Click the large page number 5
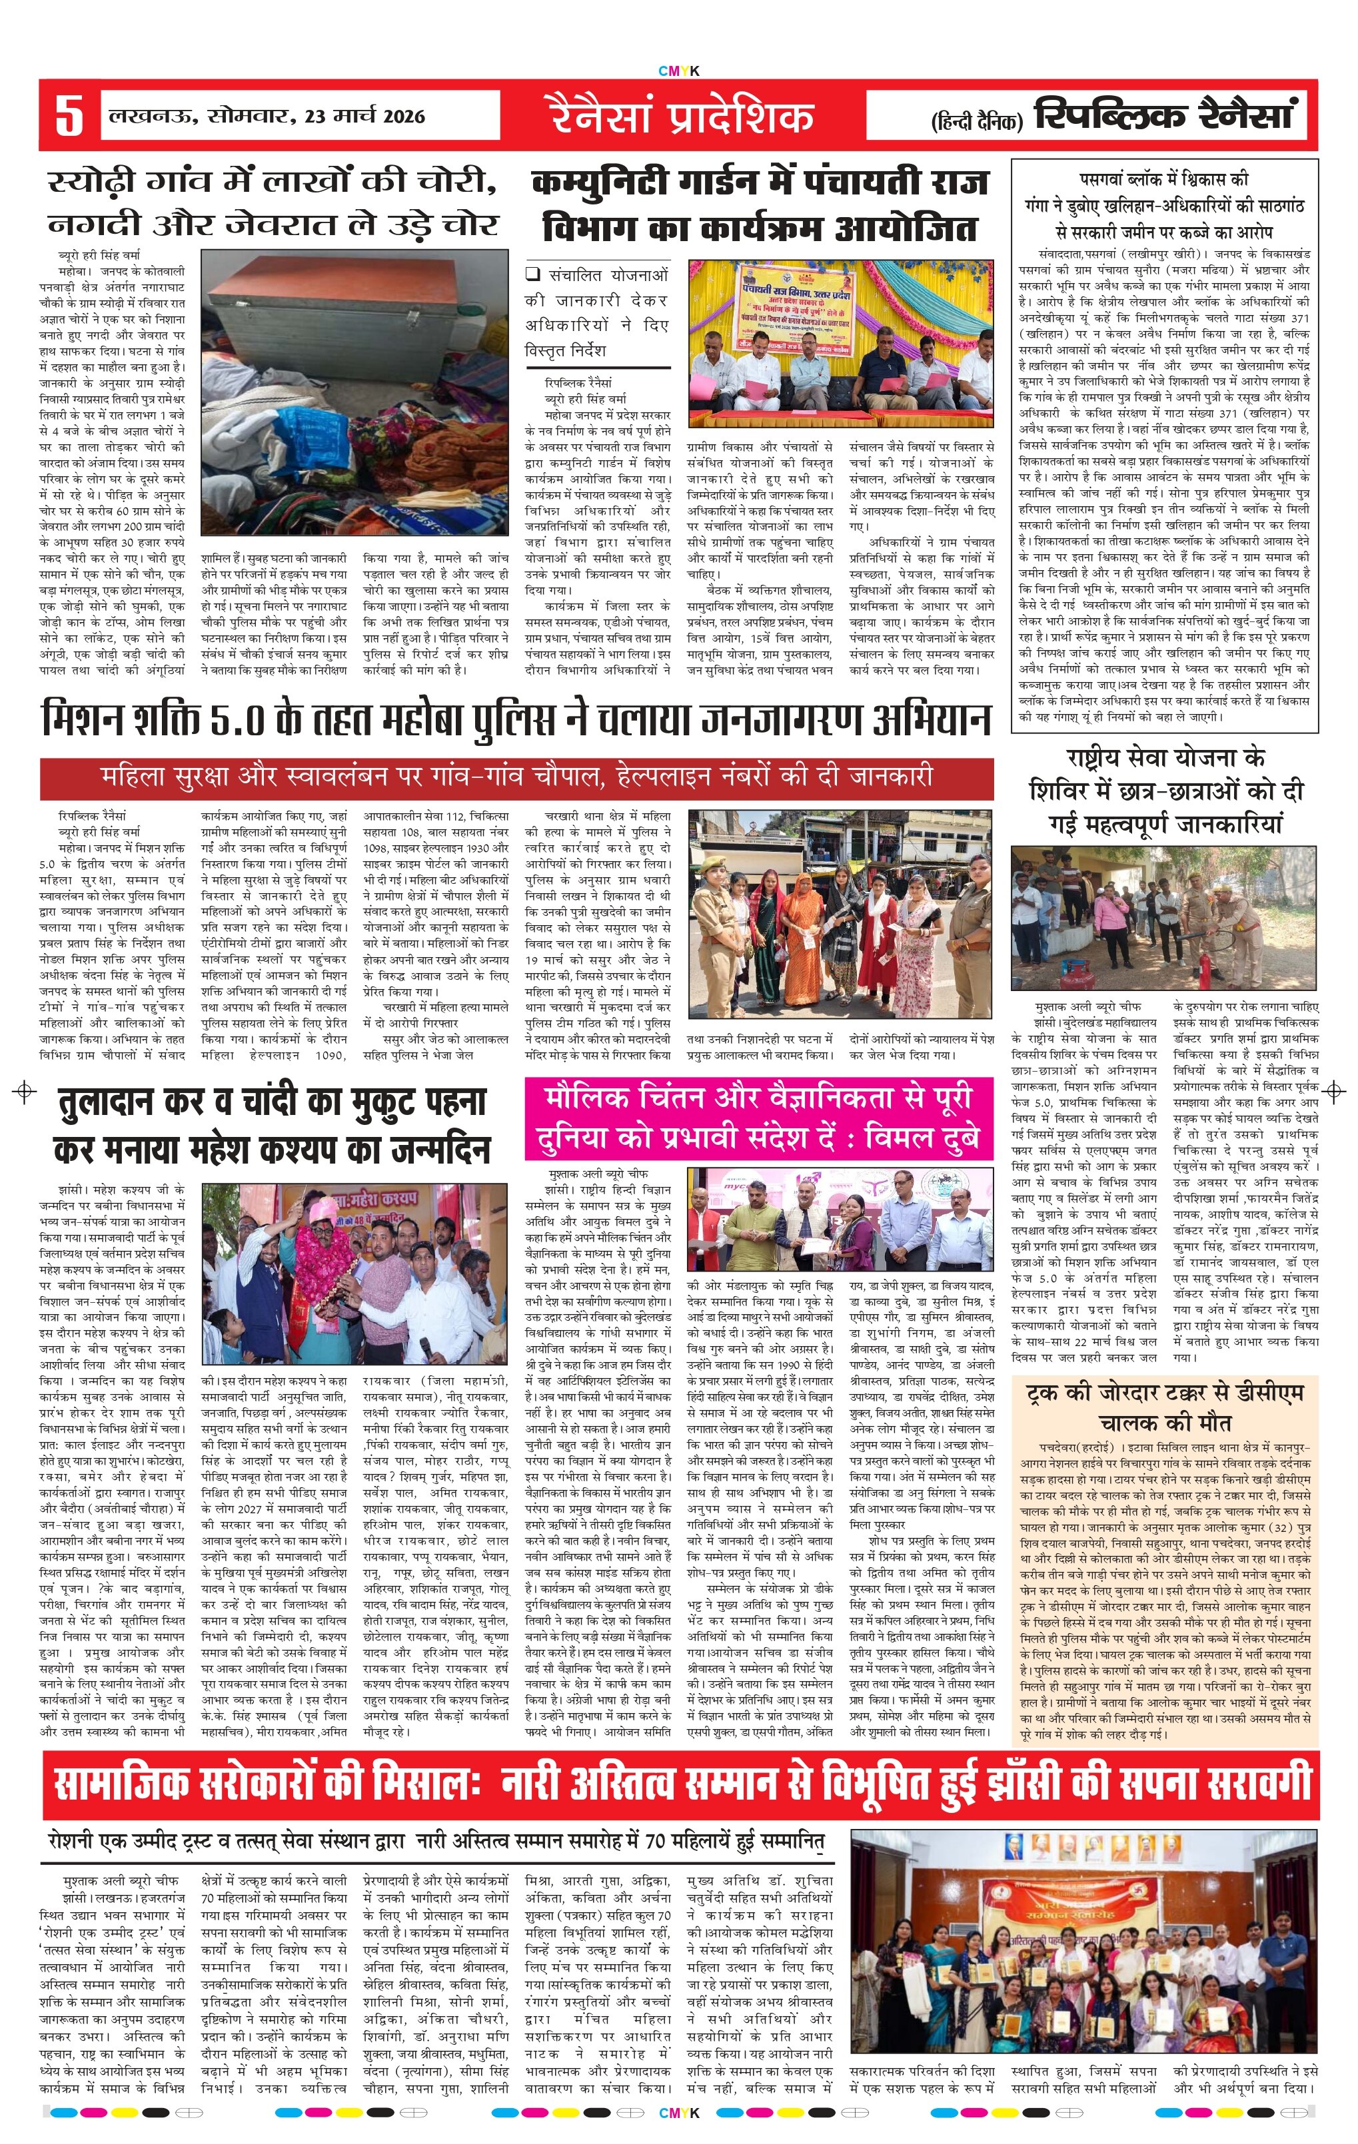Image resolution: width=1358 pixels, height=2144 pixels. tap(69, 116)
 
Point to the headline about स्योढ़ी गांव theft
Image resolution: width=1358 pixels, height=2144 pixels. tap(272, 203)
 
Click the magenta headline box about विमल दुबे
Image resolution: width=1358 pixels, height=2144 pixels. tap(759, 1118)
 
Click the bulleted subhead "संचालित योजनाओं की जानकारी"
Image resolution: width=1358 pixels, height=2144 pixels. tap(596, 312)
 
